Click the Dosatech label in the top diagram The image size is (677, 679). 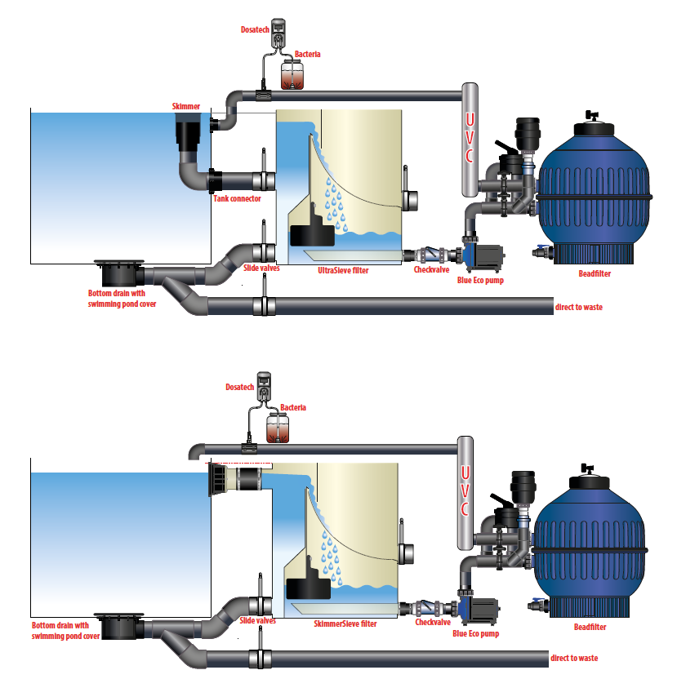click(255, 29)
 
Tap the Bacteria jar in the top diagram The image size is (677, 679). click(292, 75)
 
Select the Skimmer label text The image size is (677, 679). click(186, 106)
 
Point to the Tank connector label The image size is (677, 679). click(237, 199)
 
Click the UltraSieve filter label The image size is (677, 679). click(343, 270)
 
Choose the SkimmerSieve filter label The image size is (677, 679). click(345, 624)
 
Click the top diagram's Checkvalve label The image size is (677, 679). click(432, 269)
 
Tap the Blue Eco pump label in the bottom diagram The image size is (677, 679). click(476, 633)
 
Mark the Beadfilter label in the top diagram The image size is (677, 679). click(595, 273)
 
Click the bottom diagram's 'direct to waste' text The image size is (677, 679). click(574, 659)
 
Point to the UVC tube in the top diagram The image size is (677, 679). click(470, 140)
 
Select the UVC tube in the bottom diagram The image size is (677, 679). click(465, 493)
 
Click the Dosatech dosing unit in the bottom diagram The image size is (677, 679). click(264, 386)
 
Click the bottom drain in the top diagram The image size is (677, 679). click(119, 273)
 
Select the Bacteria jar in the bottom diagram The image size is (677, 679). click(278, 428)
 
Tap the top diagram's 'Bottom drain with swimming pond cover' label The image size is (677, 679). click(122, 299)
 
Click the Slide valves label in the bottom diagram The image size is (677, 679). click(257, 620)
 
